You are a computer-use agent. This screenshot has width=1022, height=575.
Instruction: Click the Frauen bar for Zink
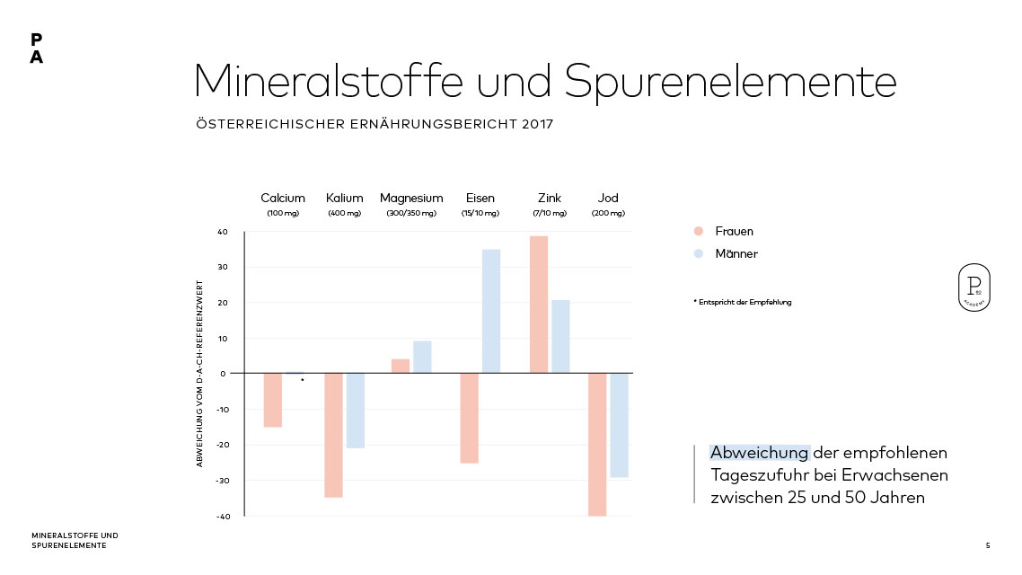[x=538, y=305]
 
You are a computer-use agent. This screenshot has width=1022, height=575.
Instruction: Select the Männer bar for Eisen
[x=491, y=311]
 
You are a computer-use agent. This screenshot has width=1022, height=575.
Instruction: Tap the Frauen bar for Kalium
[x=333, y=435]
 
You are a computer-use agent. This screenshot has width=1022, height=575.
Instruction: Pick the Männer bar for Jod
[x=620, y=425]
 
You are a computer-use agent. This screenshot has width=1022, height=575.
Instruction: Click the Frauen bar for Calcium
[x=272, y=400]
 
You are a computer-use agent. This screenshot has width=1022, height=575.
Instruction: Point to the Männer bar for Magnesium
[x=422, y=357]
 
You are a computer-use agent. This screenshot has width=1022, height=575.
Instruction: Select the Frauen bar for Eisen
[x=469, y=418]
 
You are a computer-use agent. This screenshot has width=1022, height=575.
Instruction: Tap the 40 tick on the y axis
[x=223, y=232]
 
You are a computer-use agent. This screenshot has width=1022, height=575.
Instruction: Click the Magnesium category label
[x=411, y=198]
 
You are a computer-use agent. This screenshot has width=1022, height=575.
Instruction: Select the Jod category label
[x=608, y=198]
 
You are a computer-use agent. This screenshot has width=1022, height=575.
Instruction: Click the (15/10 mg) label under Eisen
[x=480, y=214]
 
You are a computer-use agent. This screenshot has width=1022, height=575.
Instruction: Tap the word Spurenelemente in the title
[x=730, y=81]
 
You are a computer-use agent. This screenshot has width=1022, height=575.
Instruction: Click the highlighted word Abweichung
[x=760, y=453]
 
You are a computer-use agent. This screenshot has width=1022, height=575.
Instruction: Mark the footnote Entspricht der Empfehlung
[x=743, y=302]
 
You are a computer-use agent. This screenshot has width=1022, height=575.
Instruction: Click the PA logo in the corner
[x=36, y=49]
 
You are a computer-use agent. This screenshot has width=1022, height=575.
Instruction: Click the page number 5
[x=988, y=545]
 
